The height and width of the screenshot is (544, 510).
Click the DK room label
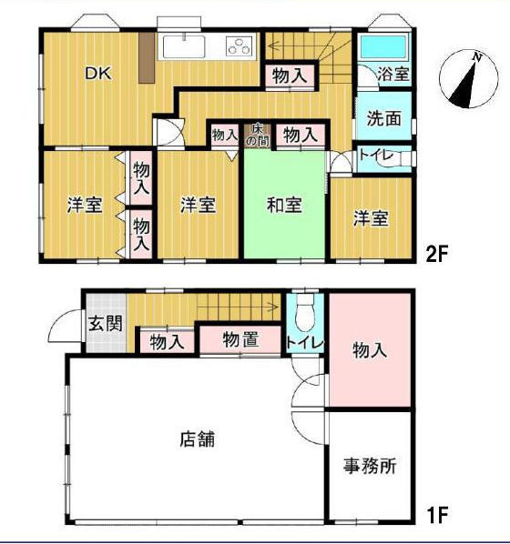point(98,73)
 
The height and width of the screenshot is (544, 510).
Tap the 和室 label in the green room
point(284,205)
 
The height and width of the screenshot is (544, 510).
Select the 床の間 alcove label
point(257,135)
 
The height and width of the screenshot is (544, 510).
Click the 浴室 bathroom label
point(393,74)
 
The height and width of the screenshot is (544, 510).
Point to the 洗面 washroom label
point(384,118)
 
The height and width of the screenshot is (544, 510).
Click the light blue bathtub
point(383,46)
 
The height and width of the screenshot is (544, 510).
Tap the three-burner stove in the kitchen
point(239,46)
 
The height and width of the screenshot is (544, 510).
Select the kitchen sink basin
point(184,46)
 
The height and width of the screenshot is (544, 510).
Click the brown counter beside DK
point(147,58)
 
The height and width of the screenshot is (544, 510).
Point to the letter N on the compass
point(478,57)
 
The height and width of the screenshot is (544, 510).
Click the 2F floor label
point(437,255)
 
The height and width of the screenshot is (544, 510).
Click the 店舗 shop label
point(198,438)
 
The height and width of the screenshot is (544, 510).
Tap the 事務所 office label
point(370,466)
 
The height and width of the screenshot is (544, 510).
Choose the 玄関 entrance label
point(106,323)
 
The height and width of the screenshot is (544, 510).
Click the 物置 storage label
point(240,339)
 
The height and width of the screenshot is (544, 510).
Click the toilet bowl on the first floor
point(305,313)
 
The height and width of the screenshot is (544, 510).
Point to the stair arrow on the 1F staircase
point(239,307)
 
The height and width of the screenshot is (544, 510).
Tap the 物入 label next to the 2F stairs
point(290,76)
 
